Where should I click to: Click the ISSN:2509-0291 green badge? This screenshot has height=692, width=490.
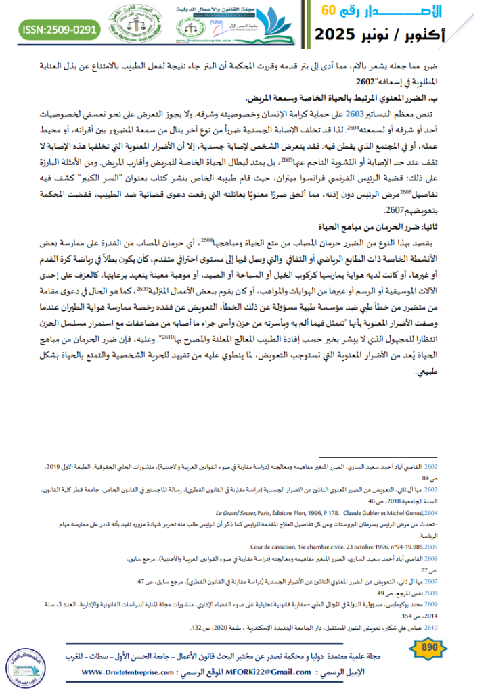(56, 30)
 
